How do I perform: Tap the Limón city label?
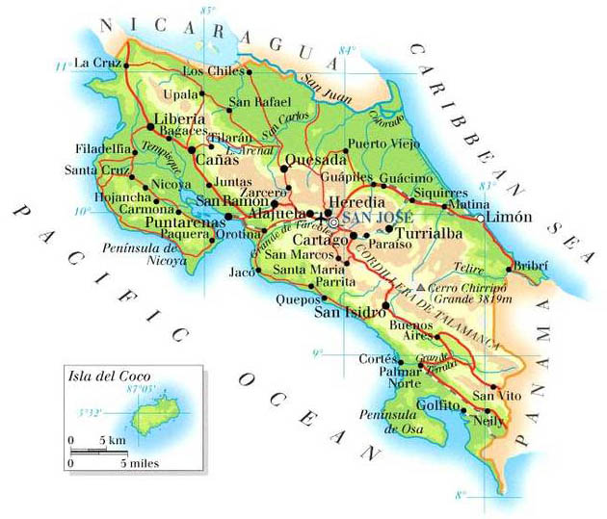pyautogui.click(x=510, y=219)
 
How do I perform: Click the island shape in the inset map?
pyautogui.click(x=146, y=416)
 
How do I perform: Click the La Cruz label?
pyautogui.click(x=95, y=64)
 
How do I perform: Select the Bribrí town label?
pyautogui.click(x=534, y=264)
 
